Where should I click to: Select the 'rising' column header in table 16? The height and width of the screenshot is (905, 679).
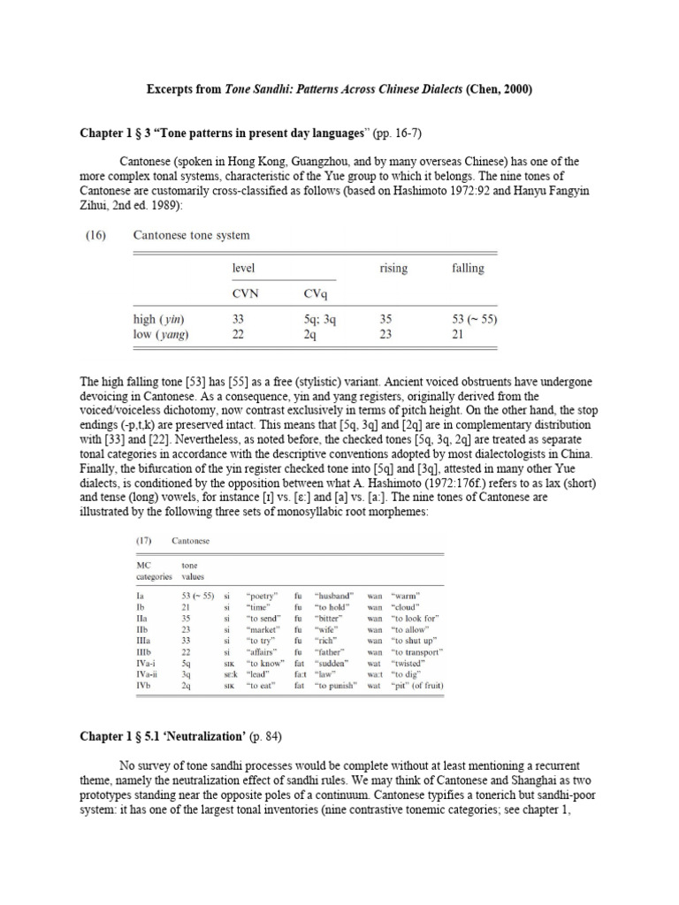click(393, 268)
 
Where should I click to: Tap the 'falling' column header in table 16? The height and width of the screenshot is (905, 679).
click(468, 268)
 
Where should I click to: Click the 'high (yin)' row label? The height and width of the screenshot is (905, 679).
click(159, 319)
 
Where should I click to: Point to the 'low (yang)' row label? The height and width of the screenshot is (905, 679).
click(160, 333)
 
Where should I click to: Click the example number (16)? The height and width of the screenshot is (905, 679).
click(99, 235)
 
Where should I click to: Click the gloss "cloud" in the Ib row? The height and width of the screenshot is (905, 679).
click(404, 607)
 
